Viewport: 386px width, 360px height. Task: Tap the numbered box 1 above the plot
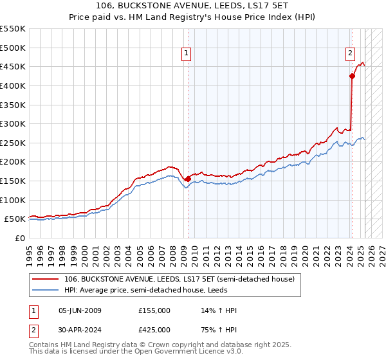(186, 54)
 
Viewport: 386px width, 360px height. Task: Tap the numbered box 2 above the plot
(350, 54)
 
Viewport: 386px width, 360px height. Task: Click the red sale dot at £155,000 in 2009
(188, 179)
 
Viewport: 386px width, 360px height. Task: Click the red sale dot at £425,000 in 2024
(352, 76)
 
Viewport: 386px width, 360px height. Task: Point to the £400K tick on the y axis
(13, 85)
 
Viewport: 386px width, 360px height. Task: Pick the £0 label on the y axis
(19, 238)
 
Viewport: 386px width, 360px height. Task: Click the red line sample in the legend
(46, 279)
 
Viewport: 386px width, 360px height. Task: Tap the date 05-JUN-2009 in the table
(80, 311)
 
